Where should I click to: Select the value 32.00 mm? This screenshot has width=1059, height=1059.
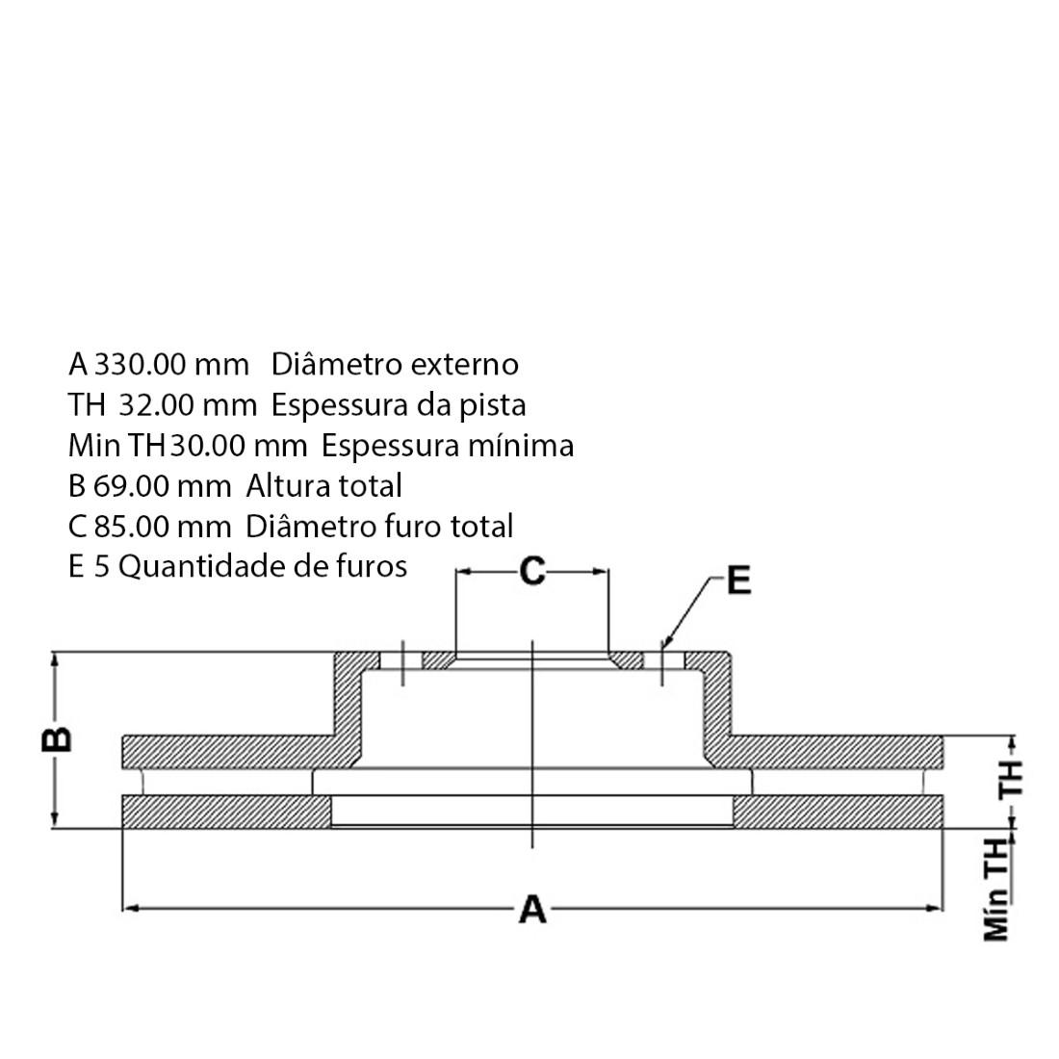coord(188,405)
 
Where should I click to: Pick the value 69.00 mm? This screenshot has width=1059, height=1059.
coord(163,486)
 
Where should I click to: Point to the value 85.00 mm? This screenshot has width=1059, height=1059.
coord(163,527)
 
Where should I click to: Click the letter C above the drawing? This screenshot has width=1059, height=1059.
coord(532,572)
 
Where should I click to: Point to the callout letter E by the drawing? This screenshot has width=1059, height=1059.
coord(737,581)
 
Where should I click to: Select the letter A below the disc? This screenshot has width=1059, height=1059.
coord(532,909)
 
